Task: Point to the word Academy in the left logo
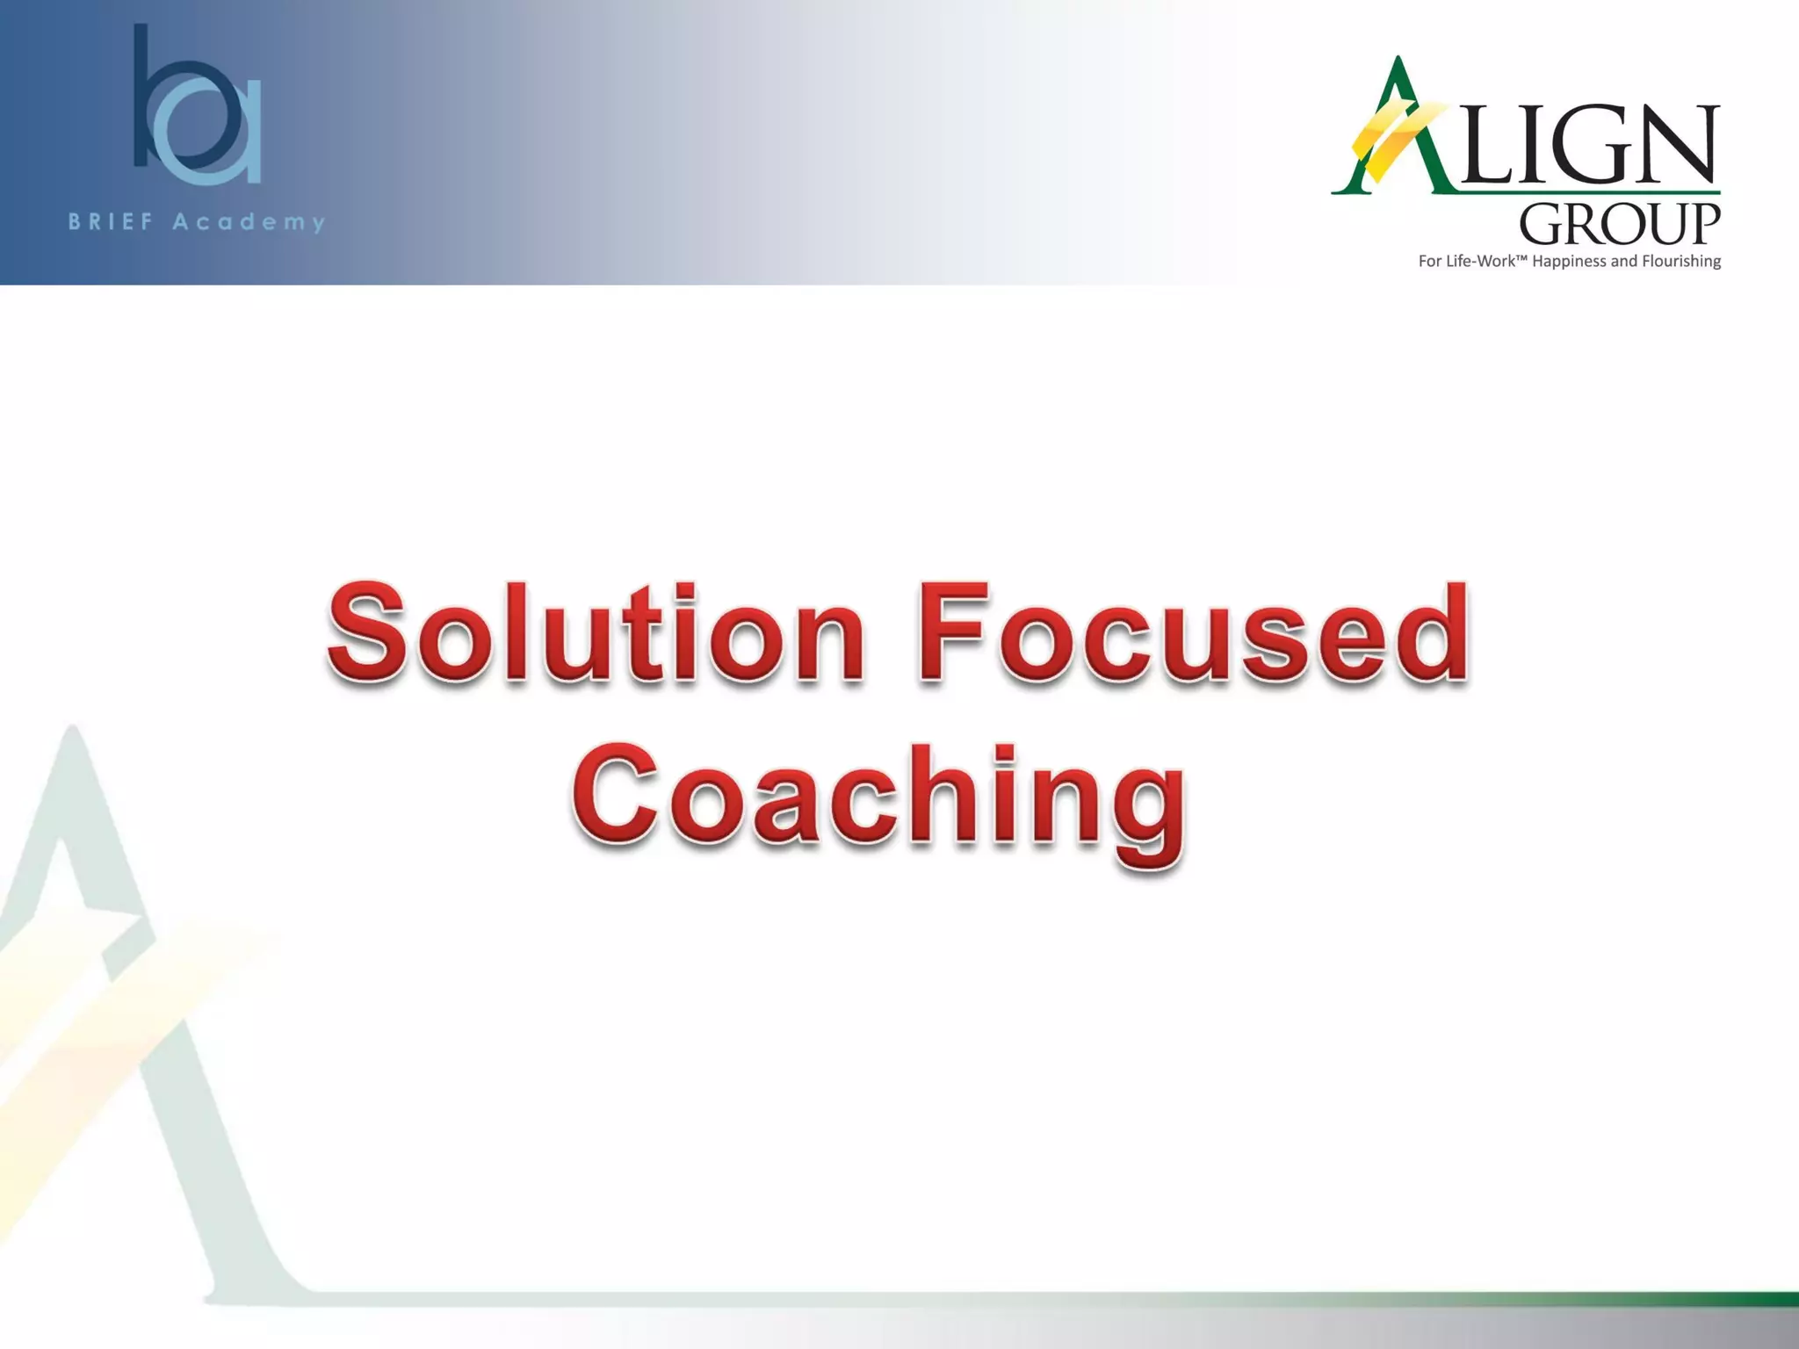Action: click(249, 222)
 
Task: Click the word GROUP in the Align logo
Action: click(1619, 225)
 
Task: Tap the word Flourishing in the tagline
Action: click(1677, 262)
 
